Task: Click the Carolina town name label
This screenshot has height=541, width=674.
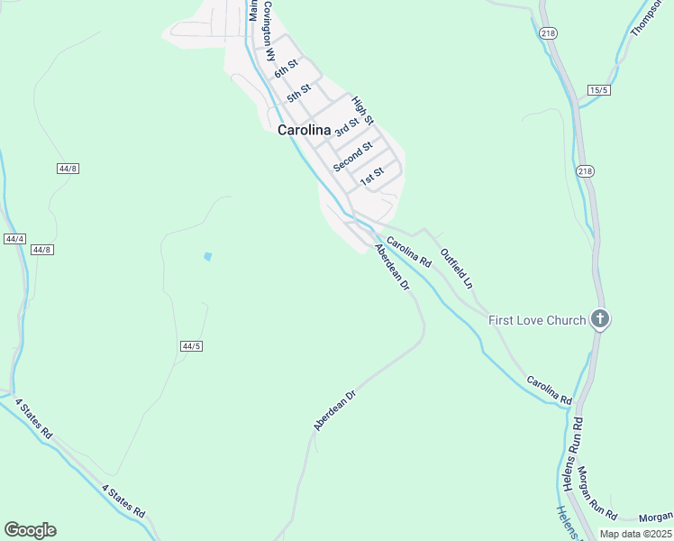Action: click(304, 130)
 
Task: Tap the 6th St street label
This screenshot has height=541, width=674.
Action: click(287, 70)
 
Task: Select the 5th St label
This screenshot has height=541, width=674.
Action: click(298, 92)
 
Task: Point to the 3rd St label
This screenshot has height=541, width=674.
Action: click(346, 126)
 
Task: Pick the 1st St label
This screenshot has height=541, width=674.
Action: click(372, 176)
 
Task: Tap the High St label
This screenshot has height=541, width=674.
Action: click(362, 110)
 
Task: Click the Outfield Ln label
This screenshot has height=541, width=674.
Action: click(456, 268)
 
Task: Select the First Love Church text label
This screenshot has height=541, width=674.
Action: click(537, 320)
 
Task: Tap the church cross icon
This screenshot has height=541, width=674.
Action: click(600, 319)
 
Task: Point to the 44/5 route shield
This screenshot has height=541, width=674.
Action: click(190, 345)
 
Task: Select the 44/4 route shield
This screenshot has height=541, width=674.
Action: click(14, 239)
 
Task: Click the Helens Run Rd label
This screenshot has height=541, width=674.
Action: click(570, 454)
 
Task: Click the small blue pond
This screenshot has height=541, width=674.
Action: click(208, 257)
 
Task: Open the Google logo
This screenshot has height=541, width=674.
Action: click(30, 530)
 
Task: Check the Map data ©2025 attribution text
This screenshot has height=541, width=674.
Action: click(634, 534)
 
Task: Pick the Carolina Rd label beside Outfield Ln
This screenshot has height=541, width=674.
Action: click(409, 251)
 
